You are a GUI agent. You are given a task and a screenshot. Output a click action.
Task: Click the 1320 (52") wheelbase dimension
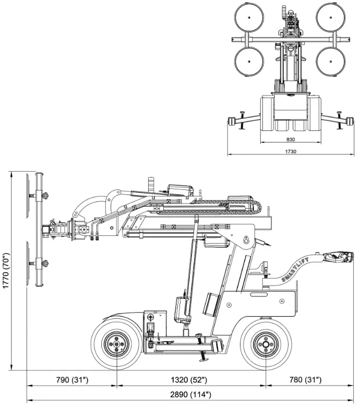(190, 379)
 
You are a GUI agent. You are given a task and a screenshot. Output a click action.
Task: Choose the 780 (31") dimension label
(306, 379)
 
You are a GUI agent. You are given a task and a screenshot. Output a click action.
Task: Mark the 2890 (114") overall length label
(191, 394)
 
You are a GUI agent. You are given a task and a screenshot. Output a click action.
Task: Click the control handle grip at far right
(338, 256)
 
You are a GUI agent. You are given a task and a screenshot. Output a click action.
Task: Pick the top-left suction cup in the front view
(248, 16)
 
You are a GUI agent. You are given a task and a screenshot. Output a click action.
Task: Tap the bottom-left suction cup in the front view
(248, 61)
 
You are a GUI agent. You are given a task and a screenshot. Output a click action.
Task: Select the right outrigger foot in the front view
(346, 122)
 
